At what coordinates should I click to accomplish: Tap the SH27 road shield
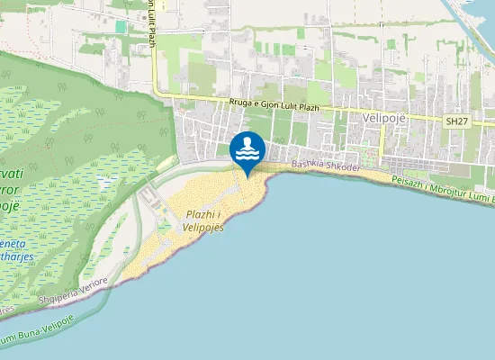coord(457,120)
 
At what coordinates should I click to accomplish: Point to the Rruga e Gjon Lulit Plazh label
coord(274,104)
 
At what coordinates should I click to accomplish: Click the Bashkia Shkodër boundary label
coord(325,168)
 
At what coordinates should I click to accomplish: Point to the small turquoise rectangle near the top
coord(121,27)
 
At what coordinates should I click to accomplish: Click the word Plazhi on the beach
coord(200,214)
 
